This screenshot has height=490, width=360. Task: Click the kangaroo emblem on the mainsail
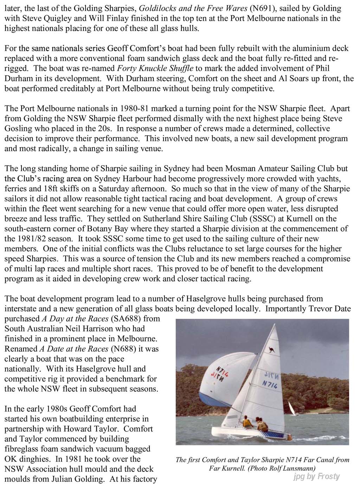click(x=272, y=349)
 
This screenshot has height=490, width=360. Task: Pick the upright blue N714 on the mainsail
click(x=270, y=384)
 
